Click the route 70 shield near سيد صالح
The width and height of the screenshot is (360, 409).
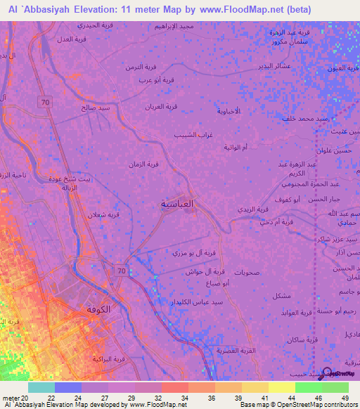pyautogui.click(x=45, y=103)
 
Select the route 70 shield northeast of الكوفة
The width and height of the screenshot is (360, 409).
pyautogui.click(x=121, y=270)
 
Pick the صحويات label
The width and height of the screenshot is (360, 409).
pyautogui.click(x=248, y=272)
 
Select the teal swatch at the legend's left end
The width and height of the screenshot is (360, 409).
pyautogui.click(x=41, y=387)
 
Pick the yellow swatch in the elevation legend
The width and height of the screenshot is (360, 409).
pyautogui.click(x=281, y=387)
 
